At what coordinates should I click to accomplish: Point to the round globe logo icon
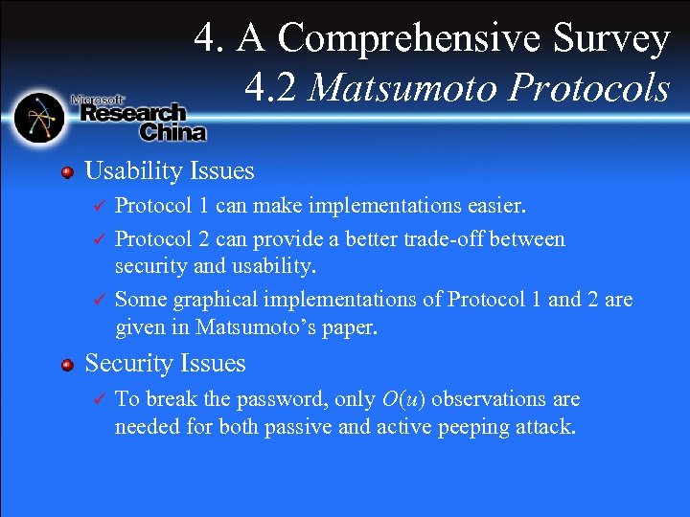click(39, 117)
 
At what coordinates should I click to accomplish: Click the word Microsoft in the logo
click(99, 99)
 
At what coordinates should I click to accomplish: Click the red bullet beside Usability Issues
click(67, 172)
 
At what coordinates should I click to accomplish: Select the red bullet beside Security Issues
click(67, 365)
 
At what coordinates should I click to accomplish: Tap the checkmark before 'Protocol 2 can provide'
click(95, 238)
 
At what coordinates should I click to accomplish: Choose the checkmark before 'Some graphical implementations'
click(95, 300)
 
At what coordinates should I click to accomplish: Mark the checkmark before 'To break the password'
click(95, 398)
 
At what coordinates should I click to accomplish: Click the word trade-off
click(452, 238)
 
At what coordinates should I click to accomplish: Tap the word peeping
click(473, 426)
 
